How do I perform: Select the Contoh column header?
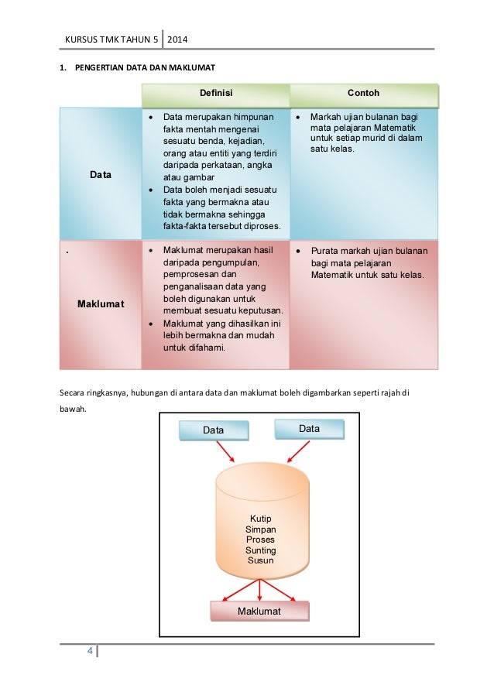[363, 93]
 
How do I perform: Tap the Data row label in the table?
[101, 175]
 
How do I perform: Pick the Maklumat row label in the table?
[101, 303]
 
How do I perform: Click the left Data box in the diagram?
[214, 430]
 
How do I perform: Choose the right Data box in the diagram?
[309, 429]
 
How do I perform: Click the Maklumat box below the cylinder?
[259, 612]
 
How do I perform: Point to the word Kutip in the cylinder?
[261, 519]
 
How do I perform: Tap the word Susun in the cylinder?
[260, 560]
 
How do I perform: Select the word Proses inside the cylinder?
[260, 540]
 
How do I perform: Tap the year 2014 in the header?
[180, 39]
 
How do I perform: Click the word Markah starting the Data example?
[326, 117]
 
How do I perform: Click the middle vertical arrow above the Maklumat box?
[259, 589]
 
